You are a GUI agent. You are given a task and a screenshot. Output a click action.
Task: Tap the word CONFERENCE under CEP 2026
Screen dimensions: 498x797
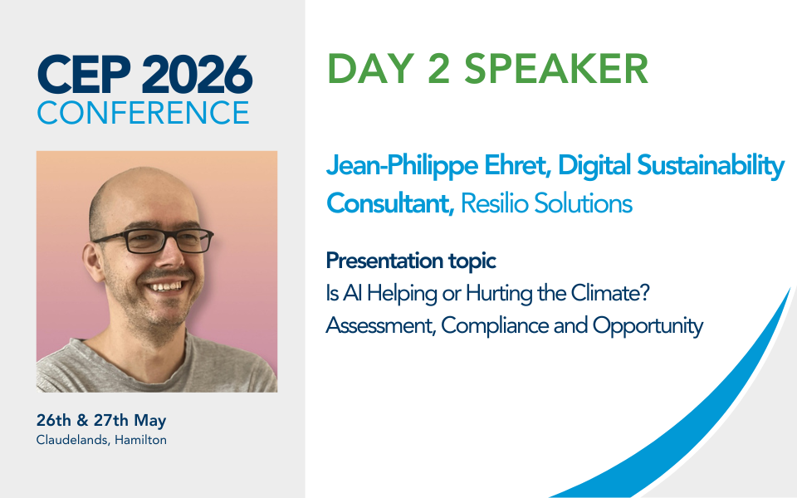[143, 112]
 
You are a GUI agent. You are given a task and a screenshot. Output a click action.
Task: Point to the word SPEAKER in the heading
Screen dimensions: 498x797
[556, 69]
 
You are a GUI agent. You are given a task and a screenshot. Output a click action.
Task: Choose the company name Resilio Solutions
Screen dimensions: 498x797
[546, 203]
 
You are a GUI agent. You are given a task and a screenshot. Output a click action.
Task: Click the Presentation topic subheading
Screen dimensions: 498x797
[411, 261]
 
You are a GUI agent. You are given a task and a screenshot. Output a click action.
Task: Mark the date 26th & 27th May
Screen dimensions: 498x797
[101, 421]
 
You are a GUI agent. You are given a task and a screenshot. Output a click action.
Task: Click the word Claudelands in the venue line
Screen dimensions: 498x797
[71, 440]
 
